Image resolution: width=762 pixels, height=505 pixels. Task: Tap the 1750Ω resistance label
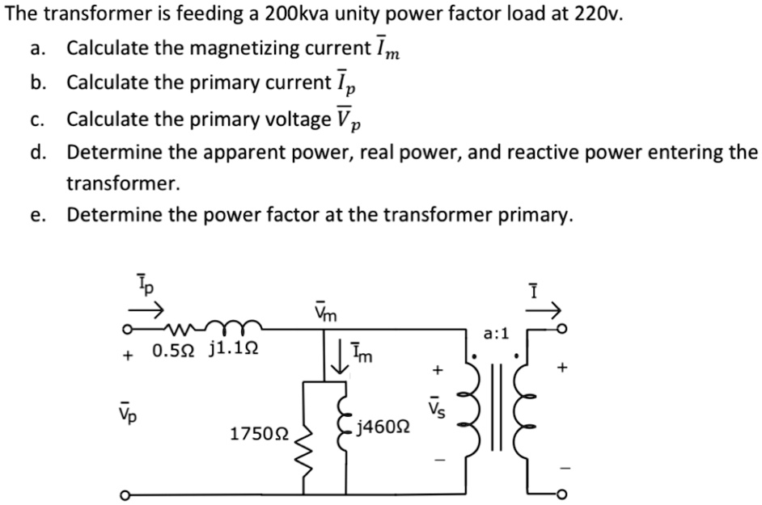pos(256,434)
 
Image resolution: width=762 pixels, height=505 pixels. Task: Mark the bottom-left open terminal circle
pos(125,494)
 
